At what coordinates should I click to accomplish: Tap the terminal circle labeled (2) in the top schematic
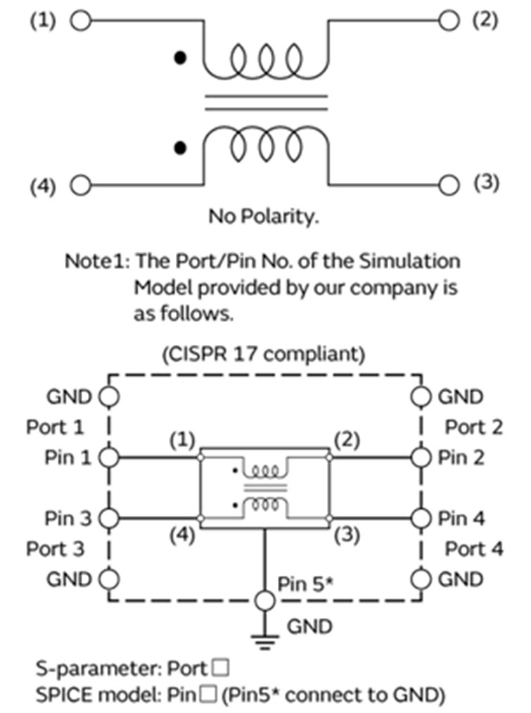tap(449, 20)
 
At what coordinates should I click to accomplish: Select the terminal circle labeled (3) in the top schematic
tap(449, 186)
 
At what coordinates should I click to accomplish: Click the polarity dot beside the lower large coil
tap(181, 148)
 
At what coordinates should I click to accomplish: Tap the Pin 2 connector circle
tap(420, 458)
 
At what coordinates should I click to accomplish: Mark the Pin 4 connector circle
tap(420, 519)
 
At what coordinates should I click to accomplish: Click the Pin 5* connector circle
tap(264, 601)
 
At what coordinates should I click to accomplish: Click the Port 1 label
tap(55, 427)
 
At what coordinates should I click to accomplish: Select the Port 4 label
tap(474, 549)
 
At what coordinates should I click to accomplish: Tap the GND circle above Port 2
tap(420, 397)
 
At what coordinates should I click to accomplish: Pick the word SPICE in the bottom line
tap(57, 695)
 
